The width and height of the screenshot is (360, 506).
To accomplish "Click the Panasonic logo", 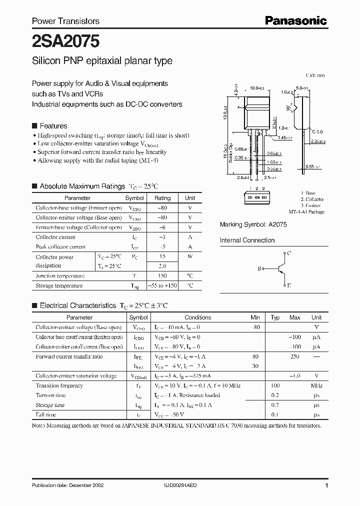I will (x=295, y=20).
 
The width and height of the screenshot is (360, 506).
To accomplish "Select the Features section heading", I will (x=53, y=126).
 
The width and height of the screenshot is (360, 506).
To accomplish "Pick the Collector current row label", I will (x=55, y=237).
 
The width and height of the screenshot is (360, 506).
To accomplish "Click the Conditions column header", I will (x=197, y=317).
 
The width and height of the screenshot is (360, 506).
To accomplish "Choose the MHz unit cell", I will (x=316, y=385).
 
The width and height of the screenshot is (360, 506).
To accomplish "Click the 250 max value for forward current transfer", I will (x=294, y=356).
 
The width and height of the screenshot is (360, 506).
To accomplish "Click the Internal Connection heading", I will (x=247, y=240).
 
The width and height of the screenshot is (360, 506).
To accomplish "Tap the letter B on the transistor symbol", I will (x=259, y=269).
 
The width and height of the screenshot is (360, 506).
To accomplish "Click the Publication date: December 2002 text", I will (x=67, y=486).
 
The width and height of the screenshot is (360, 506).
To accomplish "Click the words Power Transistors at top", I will (x=65, y=21).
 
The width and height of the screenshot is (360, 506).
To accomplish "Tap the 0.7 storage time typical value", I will (x=275, y=405).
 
